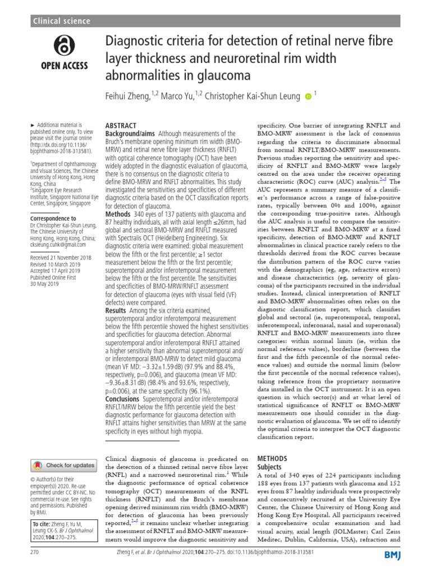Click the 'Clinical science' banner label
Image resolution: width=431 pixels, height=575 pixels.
62,21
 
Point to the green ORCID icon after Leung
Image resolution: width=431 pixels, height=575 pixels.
307,97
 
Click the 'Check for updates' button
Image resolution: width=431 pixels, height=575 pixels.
63,465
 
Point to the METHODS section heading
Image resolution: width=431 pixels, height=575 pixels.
272,459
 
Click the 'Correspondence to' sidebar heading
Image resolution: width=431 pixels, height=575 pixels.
53,218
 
